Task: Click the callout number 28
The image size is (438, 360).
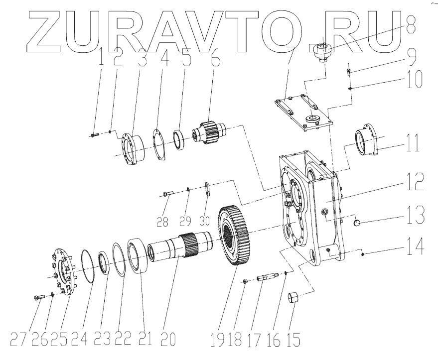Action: pyautogui.click(x=162, y=222)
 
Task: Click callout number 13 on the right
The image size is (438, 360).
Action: pyautogui.click(x=416, y=215)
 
